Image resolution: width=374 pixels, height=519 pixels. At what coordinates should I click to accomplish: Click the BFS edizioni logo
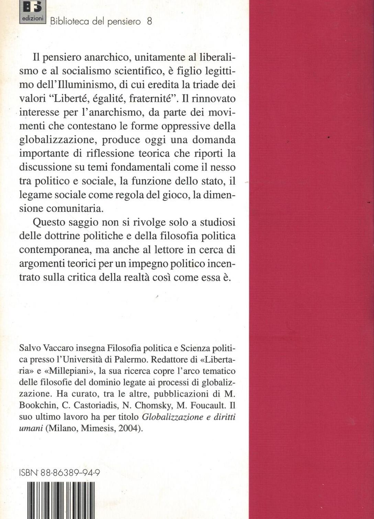[x=33, y=11]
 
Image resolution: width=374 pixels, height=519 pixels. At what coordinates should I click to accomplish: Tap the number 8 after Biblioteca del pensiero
[x=149, y=21]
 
